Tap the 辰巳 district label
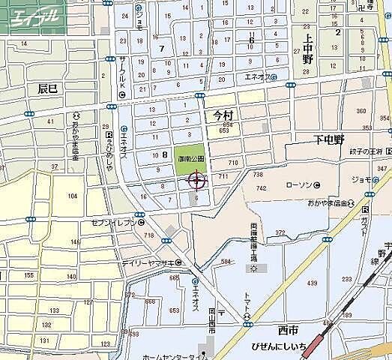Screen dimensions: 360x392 tap(47, 88)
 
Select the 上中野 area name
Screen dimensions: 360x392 tap(307, 49)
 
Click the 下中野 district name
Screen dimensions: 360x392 tap(328, 139)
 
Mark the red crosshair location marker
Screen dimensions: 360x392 tap(198, 180)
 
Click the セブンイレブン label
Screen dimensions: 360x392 tap(112, 223)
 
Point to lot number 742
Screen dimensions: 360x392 tap(261, 188)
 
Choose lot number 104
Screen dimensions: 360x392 tap(73, 196)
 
